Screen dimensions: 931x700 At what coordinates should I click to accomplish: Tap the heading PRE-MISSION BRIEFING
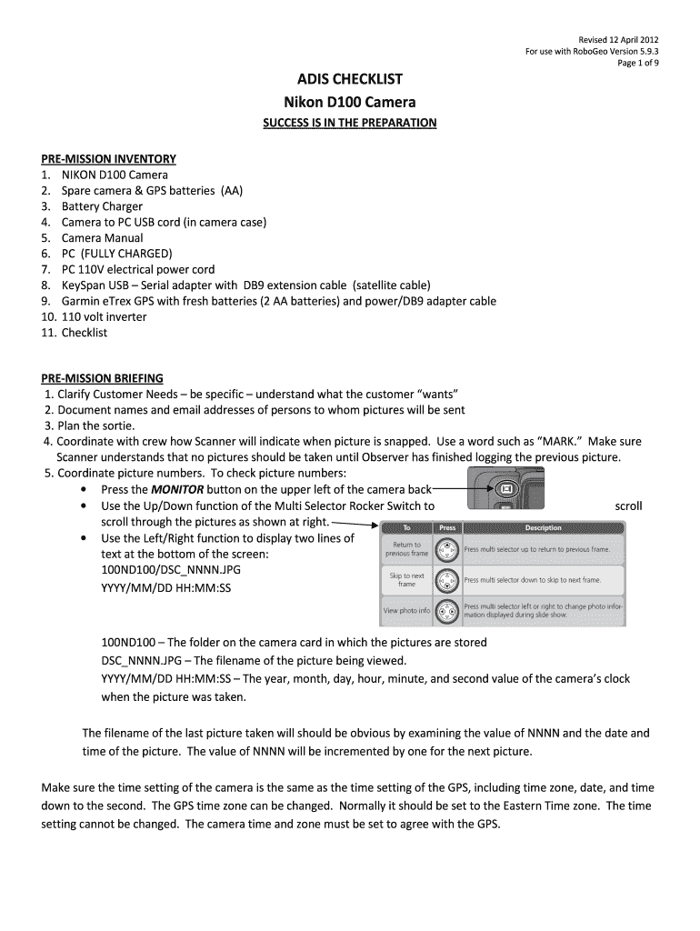102,377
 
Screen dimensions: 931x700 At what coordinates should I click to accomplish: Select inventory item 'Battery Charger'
102,206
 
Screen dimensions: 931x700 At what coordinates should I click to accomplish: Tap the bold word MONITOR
177,489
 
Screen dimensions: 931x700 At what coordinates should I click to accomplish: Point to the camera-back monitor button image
506,489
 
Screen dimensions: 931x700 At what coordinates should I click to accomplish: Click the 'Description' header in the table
543,527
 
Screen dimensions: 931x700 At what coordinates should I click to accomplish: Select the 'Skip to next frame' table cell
406,579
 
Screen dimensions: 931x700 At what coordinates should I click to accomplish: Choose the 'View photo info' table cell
406,610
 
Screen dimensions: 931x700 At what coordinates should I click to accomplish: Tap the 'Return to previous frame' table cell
406,549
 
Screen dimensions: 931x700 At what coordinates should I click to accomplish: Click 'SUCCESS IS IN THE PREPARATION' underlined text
350,122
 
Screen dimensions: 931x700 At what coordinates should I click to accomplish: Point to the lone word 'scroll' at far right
628,506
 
